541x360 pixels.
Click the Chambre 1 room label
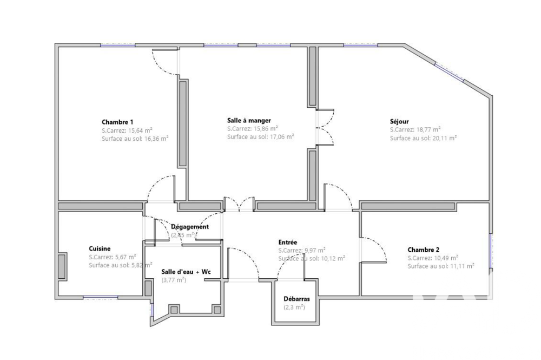click(x=117, y=122)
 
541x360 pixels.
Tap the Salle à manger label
click(x=249, y=120)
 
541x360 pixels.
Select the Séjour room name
click(x=399, y=121)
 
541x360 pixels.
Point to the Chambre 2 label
click(x=423, y=250)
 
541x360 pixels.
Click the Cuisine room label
click(x=100, y=248)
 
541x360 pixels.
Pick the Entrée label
click(x=288, y=243)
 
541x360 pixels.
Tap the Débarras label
click(x=296, y=299)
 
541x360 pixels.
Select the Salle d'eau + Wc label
click(x=186, y=272)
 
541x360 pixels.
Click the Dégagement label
click(x=189, y=227)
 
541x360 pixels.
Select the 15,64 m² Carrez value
click(x=140, y=130)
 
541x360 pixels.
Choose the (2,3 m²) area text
click(x=294, y=307)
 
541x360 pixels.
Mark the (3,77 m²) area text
click(x=174, y=280)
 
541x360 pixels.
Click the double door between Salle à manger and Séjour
click(x=325, y=128)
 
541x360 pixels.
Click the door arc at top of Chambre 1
click(x=165, y=62)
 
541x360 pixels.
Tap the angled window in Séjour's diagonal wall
click(x=449, y=71)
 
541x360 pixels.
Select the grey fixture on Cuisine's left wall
click(x=62, y=266)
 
